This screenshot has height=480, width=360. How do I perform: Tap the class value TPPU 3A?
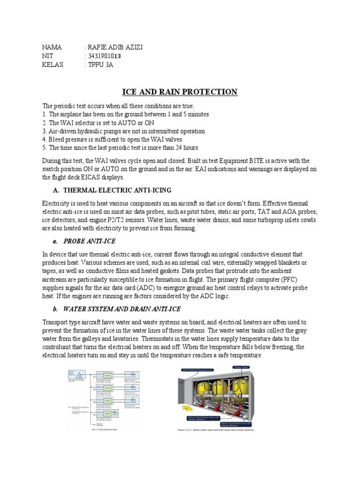click(100, 65)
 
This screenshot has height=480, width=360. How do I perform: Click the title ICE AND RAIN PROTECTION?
click(180, 91)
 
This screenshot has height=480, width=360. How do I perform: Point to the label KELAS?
click(52, 65)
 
